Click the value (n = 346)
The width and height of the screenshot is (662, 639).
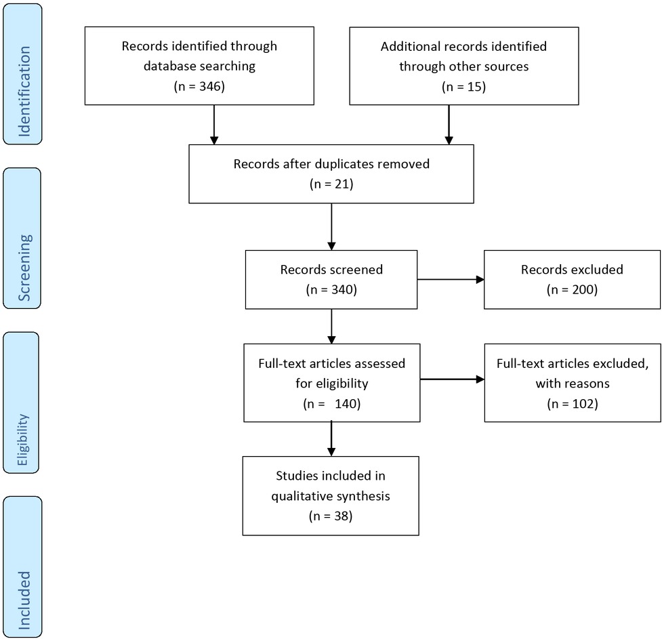[x=199, y=87]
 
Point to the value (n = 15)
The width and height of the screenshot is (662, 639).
[x=463, y=87]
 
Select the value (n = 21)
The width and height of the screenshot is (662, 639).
[x=331, y=184]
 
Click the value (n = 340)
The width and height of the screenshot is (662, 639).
[x=331, y=289]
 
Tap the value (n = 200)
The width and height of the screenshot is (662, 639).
[x=571, y=289]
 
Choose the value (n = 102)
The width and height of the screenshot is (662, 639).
[x=571, y=403]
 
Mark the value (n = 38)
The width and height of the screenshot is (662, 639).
[x=331, y=516]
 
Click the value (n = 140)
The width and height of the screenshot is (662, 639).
[x=331, y=403]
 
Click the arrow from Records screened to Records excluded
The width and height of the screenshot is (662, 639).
[x=451, y=279]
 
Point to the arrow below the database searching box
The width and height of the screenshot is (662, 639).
[x=214, y=125]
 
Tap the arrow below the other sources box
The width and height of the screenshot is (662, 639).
[x=449, y=125]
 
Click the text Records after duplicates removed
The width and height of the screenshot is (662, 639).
[x=331, y=164]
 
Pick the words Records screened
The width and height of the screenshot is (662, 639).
[x=331, y=269]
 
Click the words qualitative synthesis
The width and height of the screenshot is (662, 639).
[x=331, y=495]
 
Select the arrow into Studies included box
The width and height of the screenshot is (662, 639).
[x=331, y=438]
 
